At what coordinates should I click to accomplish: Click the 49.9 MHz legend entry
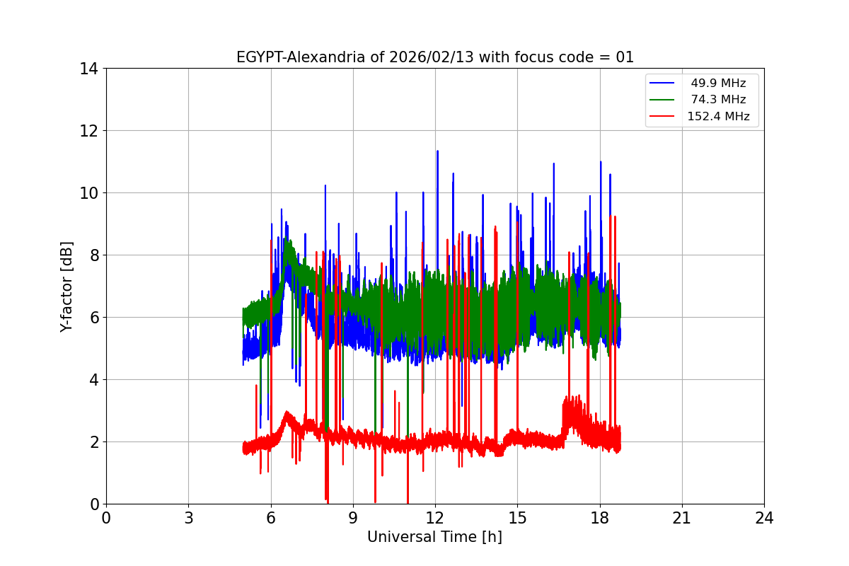point(718,83)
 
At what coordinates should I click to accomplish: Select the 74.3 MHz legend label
point(718,100)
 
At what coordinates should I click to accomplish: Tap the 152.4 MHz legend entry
point(718,117)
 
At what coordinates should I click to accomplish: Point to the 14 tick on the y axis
point(88,69)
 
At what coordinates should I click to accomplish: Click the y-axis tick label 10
point(88,193)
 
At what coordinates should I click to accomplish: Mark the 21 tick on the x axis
point(682,518)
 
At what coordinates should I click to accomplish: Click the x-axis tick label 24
point(764,518)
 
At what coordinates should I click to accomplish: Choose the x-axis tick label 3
point(188,518)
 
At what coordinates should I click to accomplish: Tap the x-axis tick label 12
point(435,518)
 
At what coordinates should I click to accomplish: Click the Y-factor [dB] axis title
point(67,287)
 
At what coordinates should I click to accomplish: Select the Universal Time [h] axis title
point(434,537)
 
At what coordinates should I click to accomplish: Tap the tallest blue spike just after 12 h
point(437,151)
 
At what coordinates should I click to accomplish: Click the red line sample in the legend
point(662,117)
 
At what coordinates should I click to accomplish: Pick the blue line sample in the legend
point(662,83)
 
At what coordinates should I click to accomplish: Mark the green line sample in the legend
point(662,100)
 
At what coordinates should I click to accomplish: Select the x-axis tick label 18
point(600,518)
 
